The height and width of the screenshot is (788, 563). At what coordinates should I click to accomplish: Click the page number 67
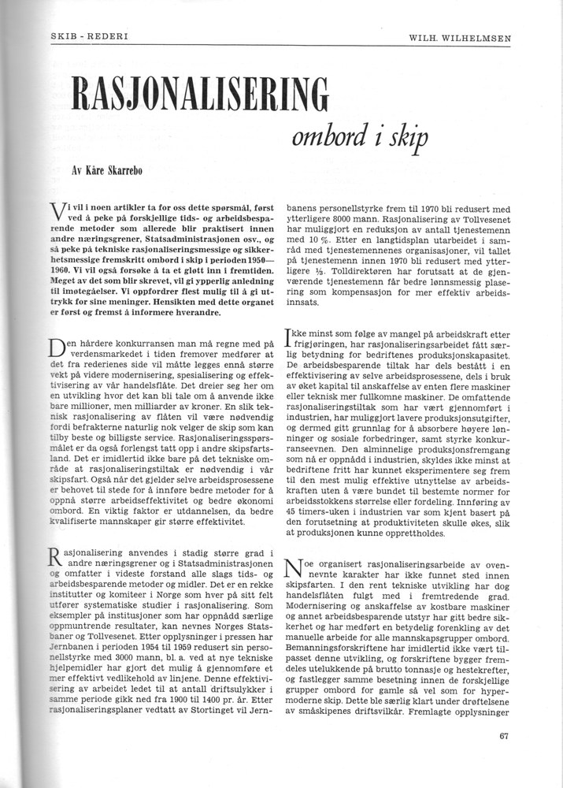pos(505,737)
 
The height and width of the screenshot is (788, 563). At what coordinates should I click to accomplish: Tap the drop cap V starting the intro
pos(57,213)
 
